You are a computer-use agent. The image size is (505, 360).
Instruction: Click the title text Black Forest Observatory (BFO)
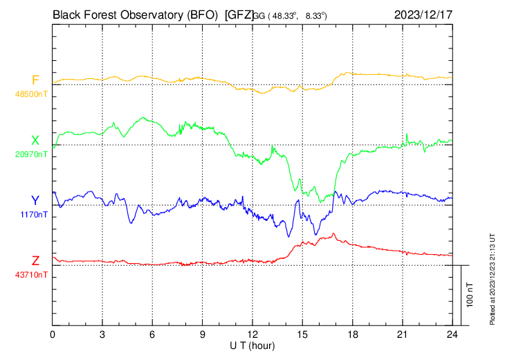[135, 13]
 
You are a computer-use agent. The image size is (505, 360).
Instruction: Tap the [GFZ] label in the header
[239, 13]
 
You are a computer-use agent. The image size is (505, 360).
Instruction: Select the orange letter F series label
[35, 80]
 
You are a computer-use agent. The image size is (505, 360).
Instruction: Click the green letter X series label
[35, 141]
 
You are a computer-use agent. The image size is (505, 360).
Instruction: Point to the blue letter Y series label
[35, 201]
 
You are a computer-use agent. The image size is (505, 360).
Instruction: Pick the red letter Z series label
[35, 260]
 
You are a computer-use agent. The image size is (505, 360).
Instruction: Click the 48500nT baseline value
[32, 93]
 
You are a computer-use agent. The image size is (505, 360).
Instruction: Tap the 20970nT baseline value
[32, 154]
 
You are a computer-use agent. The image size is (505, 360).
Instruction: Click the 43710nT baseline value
[32, 274]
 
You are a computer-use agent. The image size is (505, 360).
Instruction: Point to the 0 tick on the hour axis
[53, 334]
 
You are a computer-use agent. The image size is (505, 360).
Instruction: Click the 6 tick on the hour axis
[153, 334]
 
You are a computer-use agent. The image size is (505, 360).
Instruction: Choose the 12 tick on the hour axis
[252, 334]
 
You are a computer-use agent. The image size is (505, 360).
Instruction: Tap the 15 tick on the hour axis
[302, 334]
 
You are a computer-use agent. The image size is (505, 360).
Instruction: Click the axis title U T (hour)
[252, 345]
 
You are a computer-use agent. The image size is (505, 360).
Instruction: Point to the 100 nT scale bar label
[470, 294]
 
